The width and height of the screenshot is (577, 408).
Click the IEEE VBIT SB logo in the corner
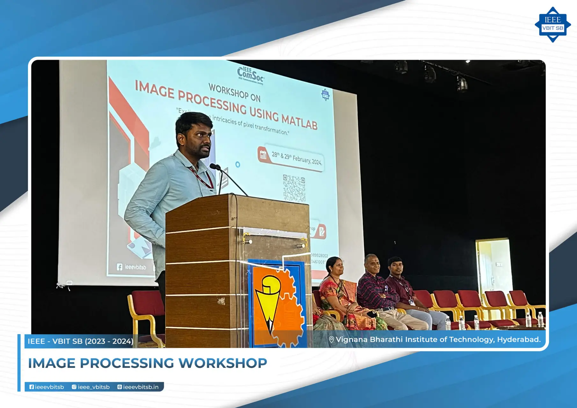pyautogui.click(x=552, y=25)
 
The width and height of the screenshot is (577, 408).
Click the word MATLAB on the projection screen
pyautogui.click(x=299, y=121)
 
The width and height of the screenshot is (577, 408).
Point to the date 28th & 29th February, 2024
pyautogui.click(x=296, y=158)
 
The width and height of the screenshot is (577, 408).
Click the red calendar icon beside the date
pyautogui.click(x=263, y=155)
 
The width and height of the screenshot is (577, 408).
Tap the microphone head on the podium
pyautogui.click(x=214, y=166)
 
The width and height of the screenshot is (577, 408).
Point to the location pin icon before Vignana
pyautogui.click(x=331, y=340)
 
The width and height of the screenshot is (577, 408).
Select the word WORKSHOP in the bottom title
pyautogui.click(x=223, y=363)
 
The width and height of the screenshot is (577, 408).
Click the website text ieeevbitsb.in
pyautogui.click(x=141, y=387)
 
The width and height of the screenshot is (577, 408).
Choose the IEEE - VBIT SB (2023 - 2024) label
pyautogui.click(x=80, y=341)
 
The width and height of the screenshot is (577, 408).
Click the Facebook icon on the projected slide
pyautogui.click(x=120, y=267)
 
